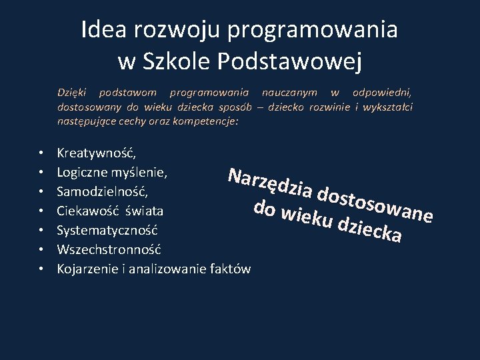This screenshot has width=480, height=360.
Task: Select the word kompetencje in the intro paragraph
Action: (x=204, y=122)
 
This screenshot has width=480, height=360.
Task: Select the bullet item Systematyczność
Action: (x=107, y=231)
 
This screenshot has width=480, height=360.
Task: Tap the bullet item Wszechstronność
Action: (x=109, y=250)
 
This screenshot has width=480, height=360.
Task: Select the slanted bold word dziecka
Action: (x=369, y=230)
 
